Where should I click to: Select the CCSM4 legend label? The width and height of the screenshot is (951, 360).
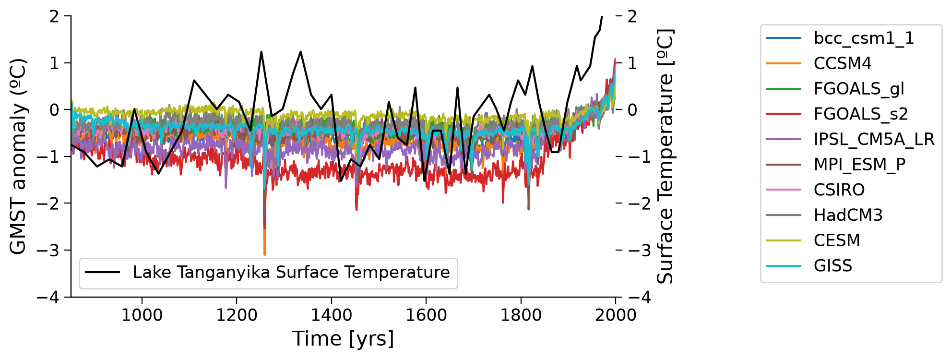[843, 63]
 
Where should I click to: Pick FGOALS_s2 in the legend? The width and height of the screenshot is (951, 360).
[861, 114]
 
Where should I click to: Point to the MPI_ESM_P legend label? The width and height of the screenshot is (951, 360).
[860, 165]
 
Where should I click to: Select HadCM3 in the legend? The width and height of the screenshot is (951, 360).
[848, 215]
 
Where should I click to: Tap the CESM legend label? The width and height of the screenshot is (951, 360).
[837, 240]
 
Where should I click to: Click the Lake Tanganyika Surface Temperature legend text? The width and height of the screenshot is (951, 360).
[291, 273]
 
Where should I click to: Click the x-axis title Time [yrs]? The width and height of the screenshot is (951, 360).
[343, 339]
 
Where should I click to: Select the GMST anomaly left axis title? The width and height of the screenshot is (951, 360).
[18, 156]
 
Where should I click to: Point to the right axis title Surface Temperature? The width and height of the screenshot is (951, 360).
[665, 156]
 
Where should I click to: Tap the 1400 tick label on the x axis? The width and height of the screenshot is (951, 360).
[331, 315]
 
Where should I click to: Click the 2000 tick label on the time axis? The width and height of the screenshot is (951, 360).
[616, 315]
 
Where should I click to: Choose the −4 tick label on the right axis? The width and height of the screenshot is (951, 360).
[640, 298]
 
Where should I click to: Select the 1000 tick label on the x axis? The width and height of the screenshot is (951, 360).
[142, 315]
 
